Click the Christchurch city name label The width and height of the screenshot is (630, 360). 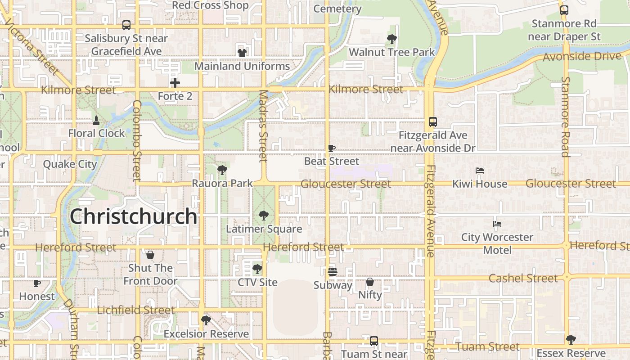tap(133, 216)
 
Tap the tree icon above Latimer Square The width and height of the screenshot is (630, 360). tap(264, 216)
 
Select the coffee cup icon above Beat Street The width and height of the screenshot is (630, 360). tap(332, 148)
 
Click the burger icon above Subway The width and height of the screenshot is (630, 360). tap(333, 272)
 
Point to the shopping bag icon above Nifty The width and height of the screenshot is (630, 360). tap(370, 282)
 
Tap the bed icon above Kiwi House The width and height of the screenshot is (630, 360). tap(480, 171)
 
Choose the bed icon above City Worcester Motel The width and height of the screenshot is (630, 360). tap(497, 224)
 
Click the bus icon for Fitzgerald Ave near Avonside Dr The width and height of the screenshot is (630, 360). tap(433, 121)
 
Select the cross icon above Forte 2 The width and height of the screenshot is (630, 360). tap(175, 83)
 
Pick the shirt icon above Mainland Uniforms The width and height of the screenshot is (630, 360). tap(242, 53)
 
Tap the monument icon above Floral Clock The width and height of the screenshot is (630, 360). tap(96, 120)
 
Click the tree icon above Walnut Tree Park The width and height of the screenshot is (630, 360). tap(392, 39)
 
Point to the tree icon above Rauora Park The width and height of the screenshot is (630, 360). tap(222, 170)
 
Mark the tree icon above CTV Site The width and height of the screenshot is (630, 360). tap(257, 269)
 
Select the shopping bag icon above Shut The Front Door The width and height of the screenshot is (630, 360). tap(150, 255)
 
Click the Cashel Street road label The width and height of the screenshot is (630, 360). tap(523, 278)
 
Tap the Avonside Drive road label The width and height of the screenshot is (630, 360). tap(582, 57)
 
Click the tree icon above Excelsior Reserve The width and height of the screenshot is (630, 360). tap(206, 320)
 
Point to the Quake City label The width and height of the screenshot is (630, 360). tap(70, 164)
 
